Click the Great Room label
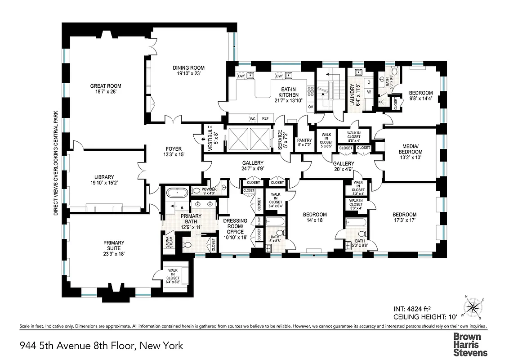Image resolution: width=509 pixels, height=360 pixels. click(x=106, y=86)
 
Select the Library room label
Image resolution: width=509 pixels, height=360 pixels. click(x=104, y=177)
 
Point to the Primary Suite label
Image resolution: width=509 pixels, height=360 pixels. click(x=107, y=243)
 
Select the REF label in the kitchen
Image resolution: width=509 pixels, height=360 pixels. click(x=265, y=118)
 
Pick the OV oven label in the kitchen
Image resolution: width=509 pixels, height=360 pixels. click(x=310, y=107)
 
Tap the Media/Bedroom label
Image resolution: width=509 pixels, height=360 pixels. click(x=410, y=148)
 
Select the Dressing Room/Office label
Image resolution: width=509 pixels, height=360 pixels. click(x=235, y=226)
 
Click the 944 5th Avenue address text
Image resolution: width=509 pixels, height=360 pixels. click(x=102, y=346)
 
